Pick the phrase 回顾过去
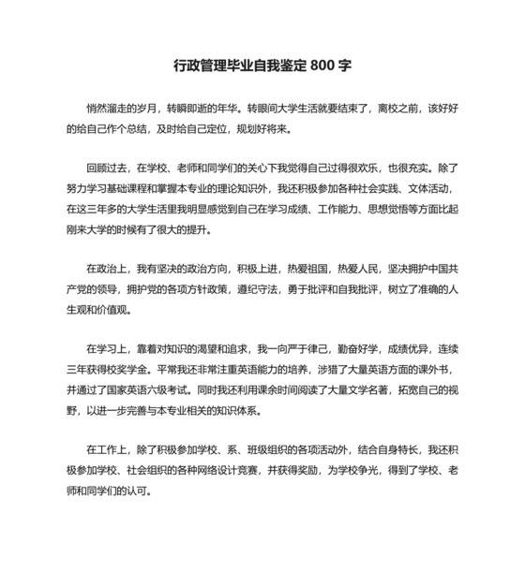(x=104, y=169)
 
